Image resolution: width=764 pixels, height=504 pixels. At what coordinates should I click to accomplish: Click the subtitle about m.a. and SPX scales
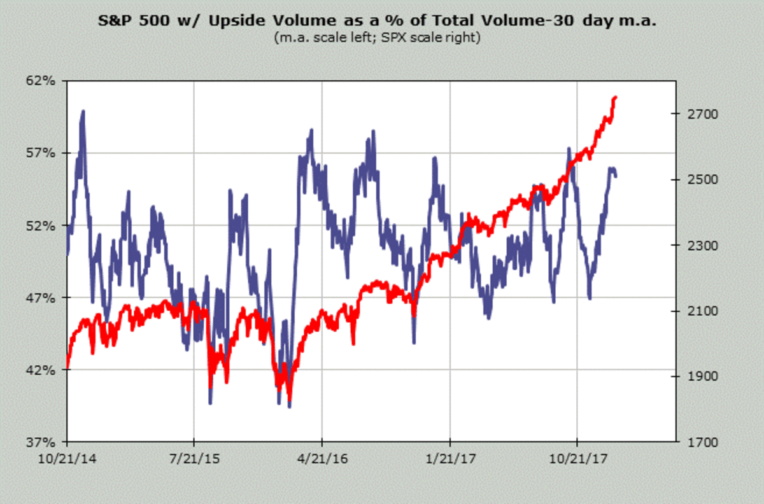tap(377, 38)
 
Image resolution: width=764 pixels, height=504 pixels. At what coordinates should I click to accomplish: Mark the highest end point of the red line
tap(615, 97)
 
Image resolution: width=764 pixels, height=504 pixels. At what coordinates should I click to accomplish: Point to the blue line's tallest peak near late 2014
tap(83, 111)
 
